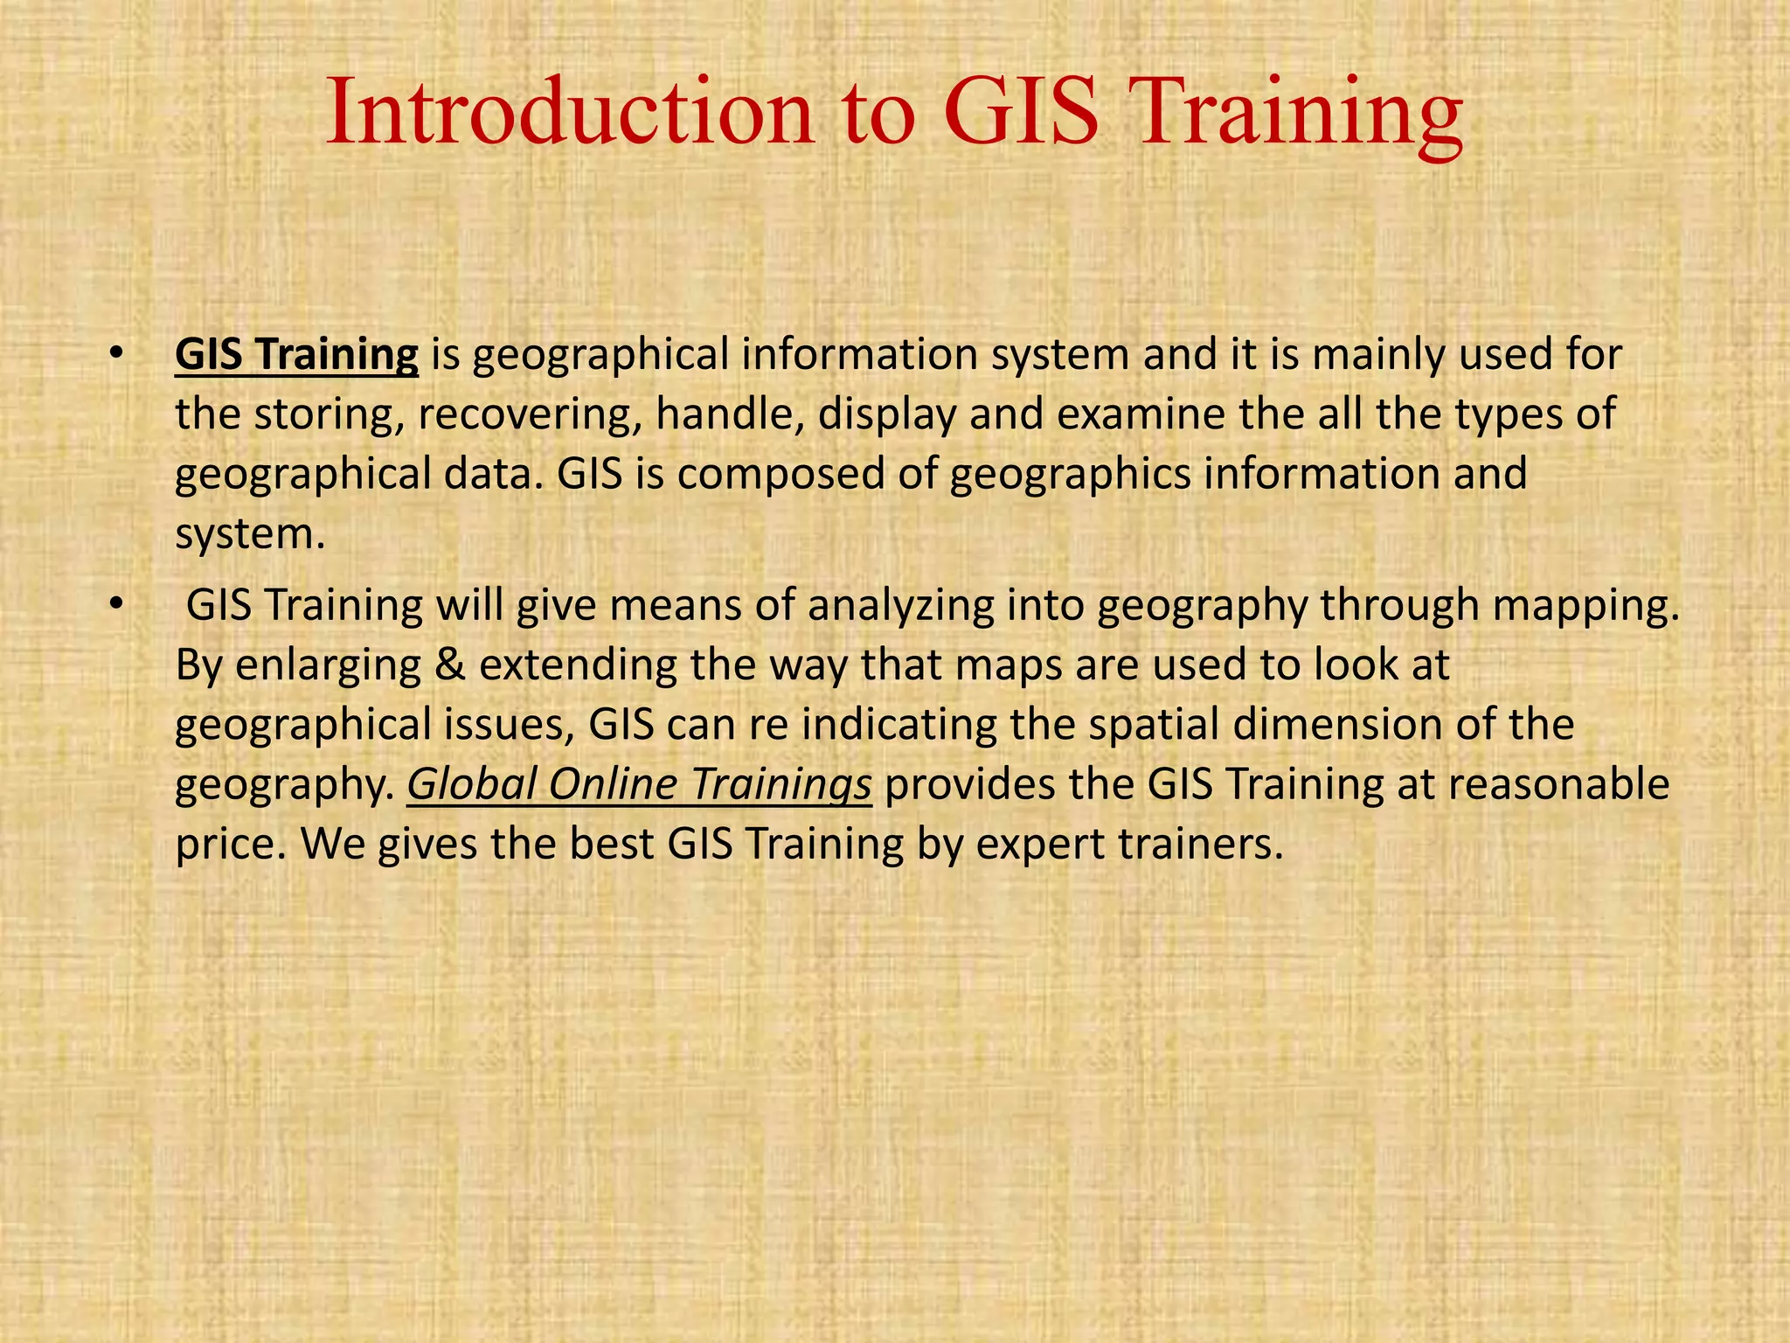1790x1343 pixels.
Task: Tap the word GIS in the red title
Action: pyautogui.click(x=1020, y=114)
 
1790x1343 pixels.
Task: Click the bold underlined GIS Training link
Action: pyautogui.click(x=296, y=355)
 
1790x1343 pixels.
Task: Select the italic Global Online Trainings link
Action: pyautogui.click(x=639, y=784)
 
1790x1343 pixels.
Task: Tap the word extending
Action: pyautogui.click(x=578, y=665)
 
